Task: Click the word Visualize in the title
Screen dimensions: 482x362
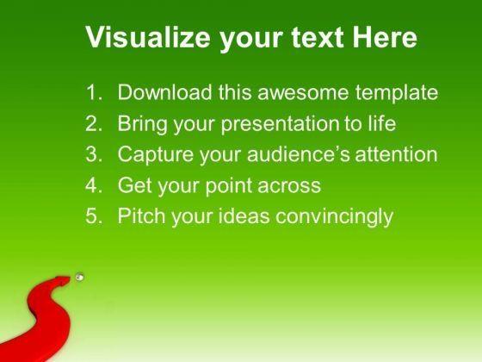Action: pos(148,36)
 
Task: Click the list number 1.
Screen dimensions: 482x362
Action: pos(94,91)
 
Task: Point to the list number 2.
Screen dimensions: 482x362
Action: pos(94,123)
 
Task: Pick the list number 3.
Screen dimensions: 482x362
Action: pos(94,154)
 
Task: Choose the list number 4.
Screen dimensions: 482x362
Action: pos(94,184)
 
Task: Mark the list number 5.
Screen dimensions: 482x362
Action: pos(94,215)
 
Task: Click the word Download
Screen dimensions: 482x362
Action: pos(164,91)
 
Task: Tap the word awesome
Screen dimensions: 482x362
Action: pos(303,92)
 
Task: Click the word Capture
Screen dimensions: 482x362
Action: pos(156,155)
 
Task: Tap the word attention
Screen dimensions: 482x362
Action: pos(396,154)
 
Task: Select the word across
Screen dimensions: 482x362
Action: pos(289,186)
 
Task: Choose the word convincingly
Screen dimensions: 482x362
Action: pos(334,216)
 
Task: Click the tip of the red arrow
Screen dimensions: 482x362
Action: pos(71,278)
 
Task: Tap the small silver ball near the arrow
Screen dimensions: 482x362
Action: pos(79,277)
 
